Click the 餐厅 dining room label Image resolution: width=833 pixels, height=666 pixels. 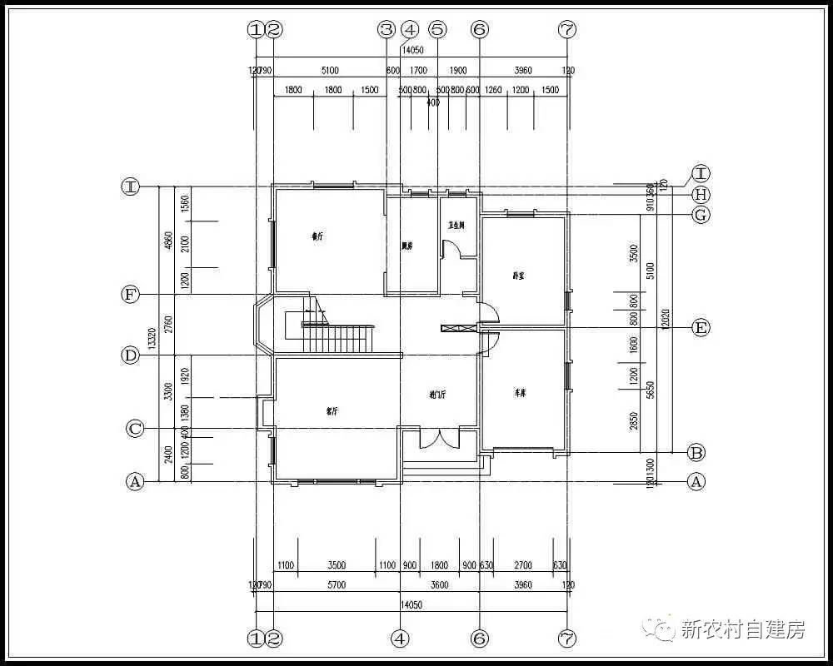point(317,236)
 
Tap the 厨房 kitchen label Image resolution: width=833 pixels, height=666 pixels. point(407,246)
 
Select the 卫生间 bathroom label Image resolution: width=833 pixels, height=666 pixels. point(456,226)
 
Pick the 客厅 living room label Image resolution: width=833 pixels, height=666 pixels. point(332,410)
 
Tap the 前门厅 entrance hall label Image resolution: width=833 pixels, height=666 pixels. point(438,395)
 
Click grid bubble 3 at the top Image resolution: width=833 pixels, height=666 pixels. point(386,30)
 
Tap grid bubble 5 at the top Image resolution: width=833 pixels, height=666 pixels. point(438,30)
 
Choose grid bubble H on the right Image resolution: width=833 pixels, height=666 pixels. point(701,195)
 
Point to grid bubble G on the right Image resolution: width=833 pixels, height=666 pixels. point(701,215)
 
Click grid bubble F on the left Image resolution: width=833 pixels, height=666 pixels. point(130,294)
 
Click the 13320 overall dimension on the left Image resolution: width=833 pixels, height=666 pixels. point(152,336)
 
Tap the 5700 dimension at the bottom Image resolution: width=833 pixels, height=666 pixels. point(337,585)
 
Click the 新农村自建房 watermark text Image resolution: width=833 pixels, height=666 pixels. point(744,629)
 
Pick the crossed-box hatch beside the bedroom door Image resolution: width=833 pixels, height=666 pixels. point(457,329)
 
